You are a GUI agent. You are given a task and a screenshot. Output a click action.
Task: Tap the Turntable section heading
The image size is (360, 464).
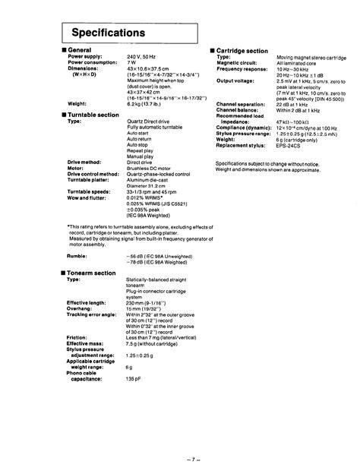[93, 114]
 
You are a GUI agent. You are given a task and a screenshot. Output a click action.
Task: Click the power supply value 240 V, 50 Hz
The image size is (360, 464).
[141, 57]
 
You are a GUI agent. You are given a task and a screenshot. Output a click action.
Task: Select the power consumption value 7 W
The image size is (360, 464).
[131, 63]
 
